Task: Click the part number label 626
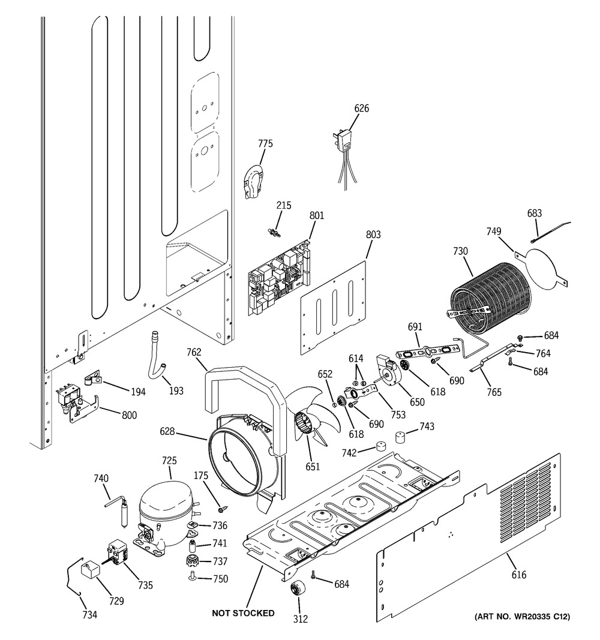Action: [x=362, y=109]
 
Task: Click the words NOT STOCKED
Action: [x=243, y=613]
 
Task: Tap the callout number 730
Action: [x=461, y=251]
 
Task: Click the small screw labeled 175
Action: [x=222, y=509]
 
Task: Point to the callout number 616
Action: [x=519, y=575]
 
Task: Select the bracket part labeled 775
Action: [x=253, y=182]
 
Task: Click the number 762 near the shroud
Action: [x=194, y=352]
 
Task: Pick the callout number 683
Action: [x=534, y=213]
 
